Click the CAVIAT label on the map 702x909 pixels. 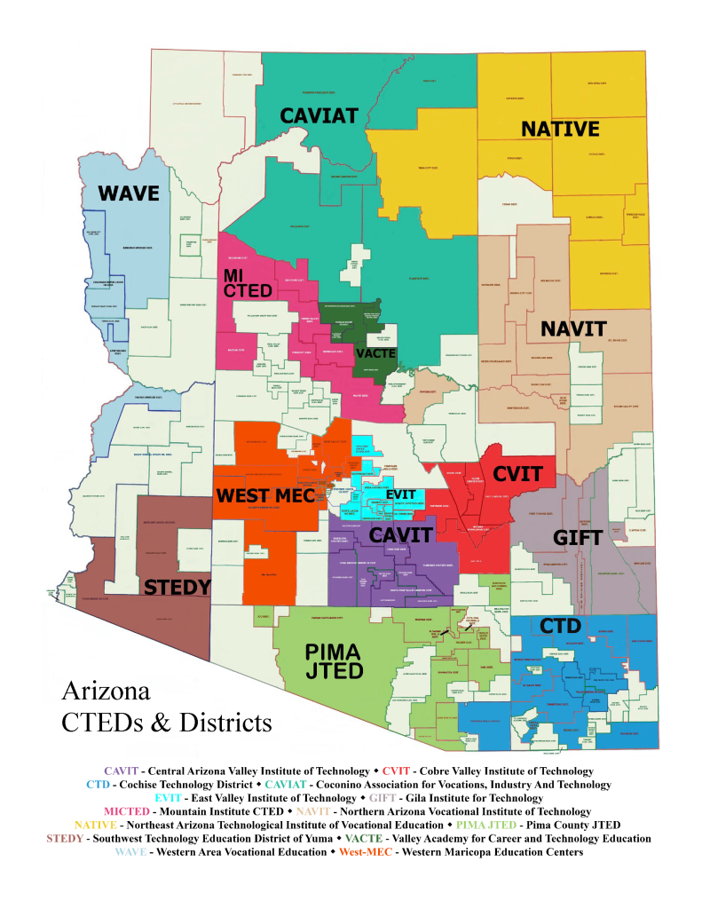(319, 115)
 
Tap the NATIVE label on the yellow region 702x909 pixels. (560, 130)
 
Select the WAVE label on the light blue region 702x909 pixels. (128, 194)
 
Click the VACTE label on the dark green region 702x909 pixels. (375, 353)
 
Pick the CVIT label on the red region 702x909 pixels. (517, 474)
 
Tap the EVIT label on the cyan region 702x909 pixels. (400, 494)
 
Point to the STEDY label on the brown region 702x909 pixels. (177, 587)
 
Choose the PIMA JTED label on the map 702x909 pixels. (334, 661)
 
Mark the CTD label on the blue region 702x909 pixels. (562, 627)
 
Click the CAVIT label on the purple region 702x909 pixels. (400, 534)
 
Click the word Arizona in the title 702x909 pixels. (106, 692)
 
